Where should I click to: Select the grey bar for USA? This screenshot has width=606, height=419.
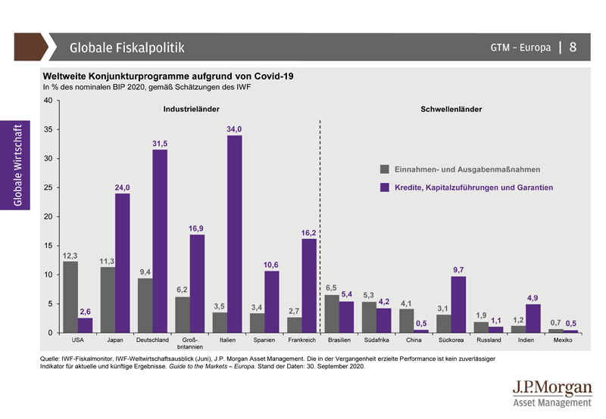[x=70, y=297]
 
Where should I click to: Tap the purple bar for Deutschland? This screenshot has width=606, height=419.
[x=160, y=241]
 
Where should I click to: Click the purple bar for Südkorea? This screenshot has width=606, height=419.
[x=459, y=305]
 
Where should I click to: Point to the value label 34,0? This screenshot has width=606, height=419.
[x=235, y=130]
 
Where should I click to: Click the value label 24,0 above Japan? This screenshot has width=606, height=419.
[x=123, y=188]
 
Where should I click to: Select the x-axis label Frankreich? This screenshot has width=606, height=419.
[x=301, y=341]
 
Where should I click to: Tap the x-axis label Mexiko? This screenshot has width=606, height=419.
[x=563, y=341]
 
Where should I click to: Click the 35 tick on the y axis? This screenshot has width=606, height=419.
[x=48, y=130]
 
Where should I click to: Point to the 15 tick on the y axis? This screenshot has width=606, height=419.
[x=48, y=246]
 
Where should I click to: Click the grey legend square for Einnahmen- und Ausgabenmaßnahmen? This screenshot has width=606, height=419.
[x=385, y=169]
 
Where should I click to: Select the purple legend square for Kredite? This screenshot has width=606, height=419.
[x=385, y=187]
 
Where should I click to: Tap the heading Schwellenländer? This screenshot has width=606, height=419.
[x=451, y=110]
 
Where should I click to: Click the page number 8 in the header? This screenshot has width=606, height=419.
[x=573, y=47]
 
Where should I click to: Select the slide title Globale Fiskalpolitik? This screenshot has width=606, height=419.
[x=127, y=48]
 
